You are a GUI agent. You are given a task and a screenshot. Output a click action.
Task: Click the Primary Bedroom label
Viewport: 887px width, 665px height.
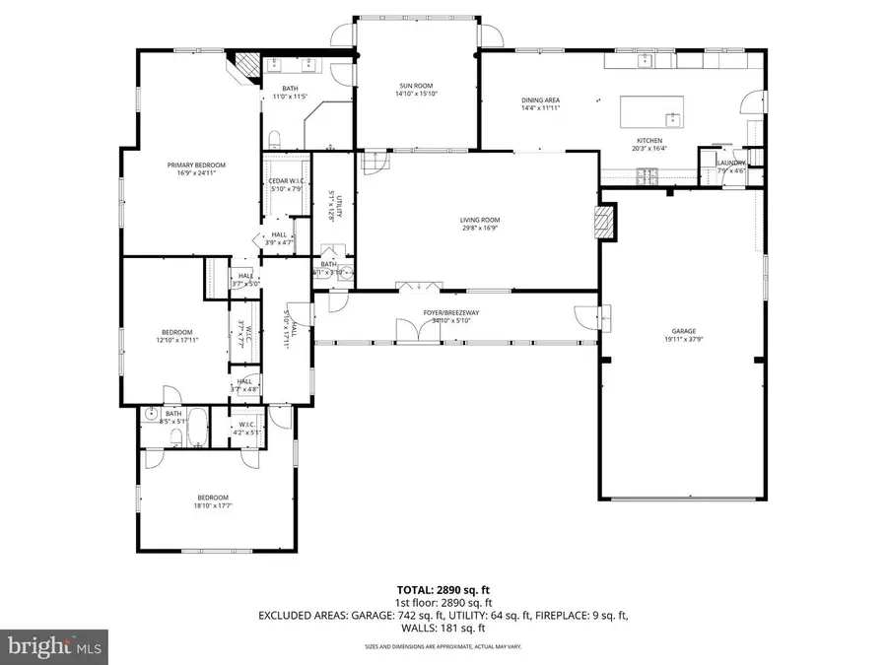pos(194,165)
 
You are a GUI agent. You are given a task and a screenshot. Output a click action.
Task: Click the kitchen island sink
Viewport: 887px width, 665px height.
pos(672,119)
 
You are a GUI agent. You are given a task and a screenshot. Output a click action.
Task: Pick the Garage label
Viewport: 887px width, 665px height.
pos(684,331)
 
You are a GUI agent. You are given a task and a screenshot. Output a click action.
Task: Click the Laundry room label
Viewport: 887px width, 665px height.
pos(730,164)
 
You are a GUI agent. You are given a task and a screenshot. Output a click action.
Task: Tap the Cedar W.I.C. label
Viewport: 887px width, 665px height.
pos(285,180)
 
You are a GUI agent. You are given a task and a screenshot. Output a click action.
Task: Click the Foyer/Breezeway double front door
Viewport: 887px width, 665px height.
pos(420,331)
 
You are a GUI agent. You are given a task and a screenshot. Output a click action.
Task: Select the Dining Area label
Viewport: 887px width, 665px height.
pos(541,100)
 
